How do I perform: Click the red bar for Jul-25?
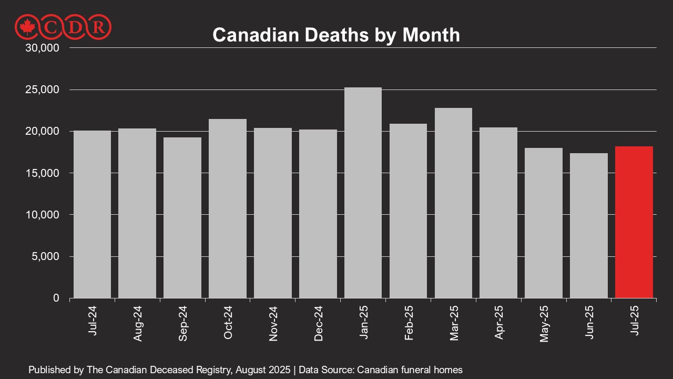[634, 222]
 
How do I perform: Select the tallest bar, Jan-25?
[363, 193]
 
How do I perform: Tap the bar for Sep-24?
[182, 217]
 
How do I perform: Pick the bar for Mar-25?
[453, 203]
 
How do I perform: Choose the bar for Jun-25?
[588, 225]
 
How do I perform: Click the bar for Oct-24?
[227, 208]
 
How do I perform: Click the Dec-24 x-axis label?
[318, 323]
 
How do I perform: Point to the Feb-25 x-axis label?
[409, 323]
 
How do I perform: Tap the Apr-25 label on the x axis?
[499, 323]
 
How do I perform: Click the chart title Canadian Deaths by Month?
[336, 35]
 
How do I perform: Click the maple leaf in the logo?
[25, 26]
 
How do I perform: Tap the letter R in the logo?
[98, 26]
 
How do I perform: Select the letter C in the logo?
[53, 26]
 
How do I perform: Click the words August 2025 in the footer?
[262, 370]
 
